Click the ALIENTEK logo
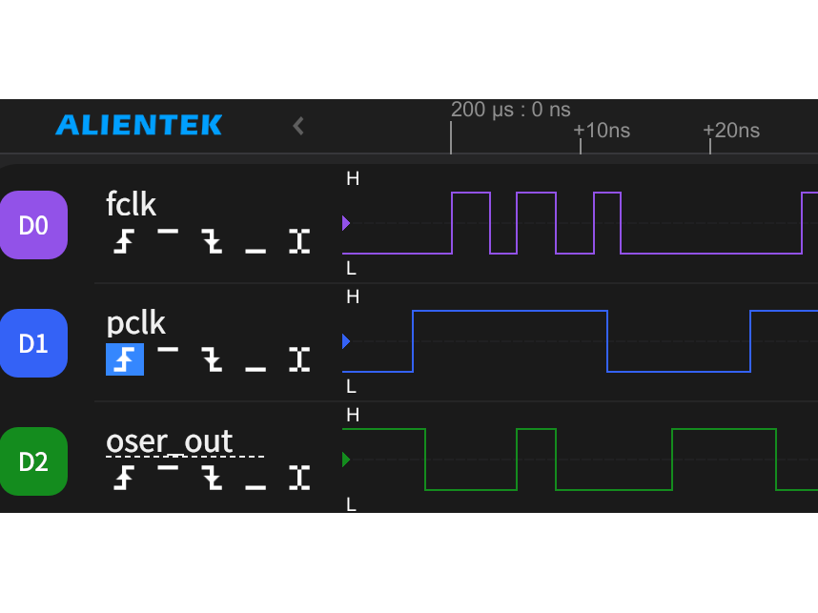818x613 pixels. coord(139,125)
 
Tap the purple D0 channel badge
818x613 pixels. coord(33,225)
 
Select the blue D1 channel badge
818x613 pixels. coord(33,343)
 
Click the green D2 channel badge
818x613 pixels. coord(33,461)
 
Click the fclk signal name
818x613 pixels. coord(131,203)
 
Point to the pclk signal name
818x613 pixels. coord(135,324)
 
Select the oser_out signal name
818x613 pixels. coord(169,442)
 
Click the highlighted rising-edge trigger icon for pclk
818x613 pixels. coord(125,359)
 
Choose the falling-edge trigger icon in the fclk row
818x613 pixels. coord(212,241)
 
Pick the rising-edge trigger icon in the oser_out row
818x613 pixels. coord(124,478)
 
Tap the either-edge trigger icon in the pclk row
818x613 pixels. coord(299,359)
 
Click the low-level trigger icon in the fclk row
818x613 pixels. coord(256,251)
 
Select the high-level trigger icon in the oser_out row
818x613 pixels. coord(168,467)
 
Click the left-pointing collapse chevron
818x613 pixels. coord(298,126)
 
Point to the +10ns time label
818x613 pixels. coord(602,131)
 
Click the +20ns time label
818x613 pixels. coord(731,131)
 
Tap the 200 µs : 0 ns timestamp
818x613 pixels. coord(511,110)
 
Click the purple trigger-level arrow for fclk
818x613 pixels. coord(346,223)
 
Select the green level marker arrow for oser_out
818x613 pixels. coord(346,460)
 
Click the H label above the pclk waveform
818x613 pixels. coord(353,296)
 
